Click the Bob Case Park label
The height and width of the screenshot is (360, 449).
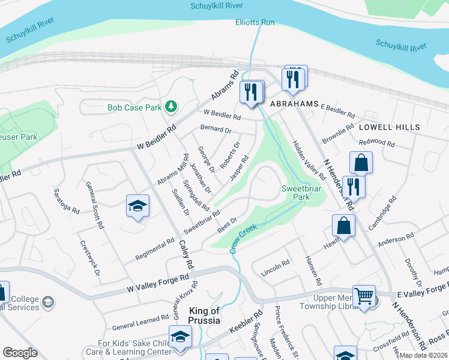135,108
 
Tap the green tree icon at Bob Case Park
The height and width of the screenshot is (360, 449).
172,106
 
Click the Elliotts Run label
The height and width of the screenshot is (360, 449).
255,22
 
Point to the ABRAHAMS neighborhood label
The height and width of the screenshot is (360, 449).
294,104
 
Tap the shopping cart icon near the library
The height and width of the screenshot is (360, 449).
364,295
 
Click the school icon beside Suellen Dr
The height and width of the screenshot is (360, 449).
137,206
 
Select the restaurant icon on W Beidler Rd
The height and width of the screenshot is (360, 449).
251,91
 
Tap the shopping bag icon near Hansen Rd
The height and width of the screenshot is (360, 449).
343,226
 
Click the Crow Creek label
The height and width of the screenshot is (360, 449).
243,238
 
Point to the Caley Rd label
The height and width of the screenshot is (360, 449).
187,254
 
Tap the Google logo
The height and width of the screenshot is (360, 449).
20,352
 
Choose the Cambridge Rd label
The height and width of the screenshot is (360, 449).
385,214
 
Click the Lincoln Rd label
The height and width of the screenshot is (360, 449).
276,268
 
